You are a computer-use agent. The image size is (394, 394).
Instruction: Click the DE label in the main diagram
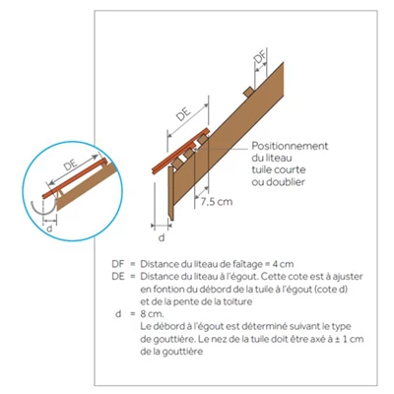(x=182, y=115)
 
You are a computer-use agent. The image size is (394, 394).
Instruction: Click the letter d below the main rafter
(x=161, y=237)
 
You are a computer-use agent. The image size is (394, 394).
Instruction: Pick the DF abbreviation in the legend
(x=119, y=265)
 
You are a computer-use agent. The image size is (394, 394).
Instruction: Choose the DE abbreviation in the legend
(x=119, y=277)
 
